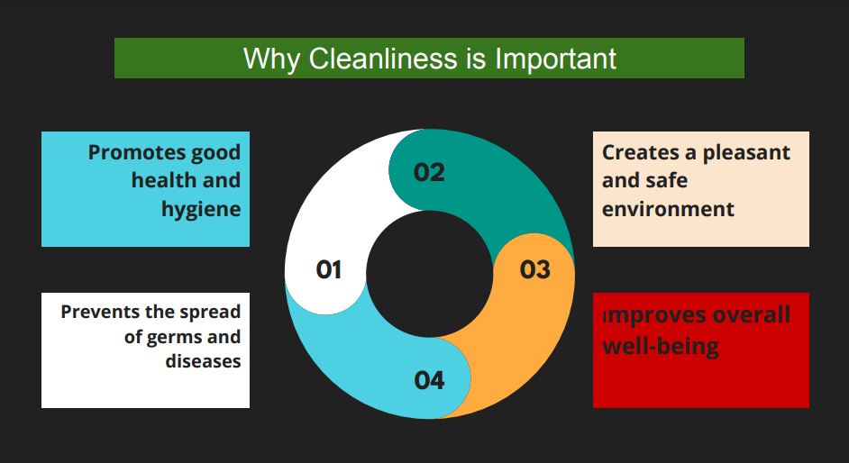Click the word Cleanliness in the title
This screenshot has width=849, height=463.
click(382, 58)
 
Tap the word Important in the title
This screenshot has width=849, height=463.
click(555, 59)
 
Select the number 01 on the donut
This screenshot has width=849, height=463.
click(329, 269)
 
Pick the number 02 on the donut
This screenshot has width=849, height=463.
click(429, 173)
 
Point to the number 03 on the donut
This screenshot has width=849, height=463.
click(535, 269)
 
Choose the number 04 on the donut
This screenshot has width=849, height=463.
click(429, 380)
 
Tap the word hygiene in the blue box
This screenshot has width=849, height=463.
click(201, 209)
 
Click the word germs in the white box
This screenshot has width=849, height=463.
click(174, 338)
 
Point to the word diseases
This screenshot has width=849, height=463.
click(203, 361)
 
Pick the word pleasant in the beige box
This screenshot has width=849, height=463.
click(746, 153)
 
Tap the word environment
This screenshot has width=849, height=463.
click(668, 209)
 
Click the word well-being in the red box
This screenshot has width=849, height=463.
click(661, 346)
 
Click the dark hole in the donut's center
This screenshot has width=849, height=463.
click(429, 274)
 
